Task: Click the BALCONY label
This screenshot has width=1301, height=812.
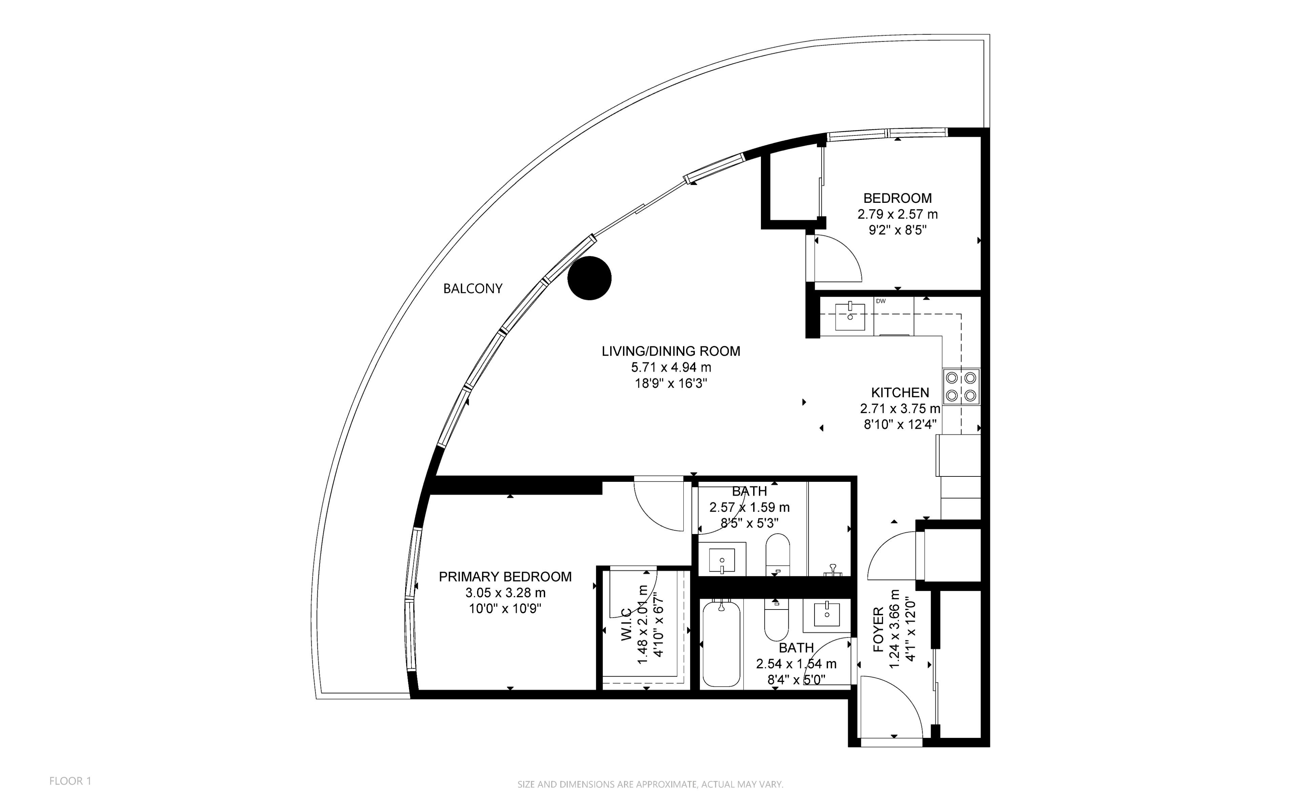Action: pyautogui.click(x=473, y=289)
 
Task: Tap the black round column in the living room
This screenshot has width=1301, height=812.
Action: pyautogui.click(x=590, y=278)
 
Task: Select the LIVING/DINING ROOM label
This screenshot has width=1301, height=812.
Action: pyautogui.click(x=671, y=351)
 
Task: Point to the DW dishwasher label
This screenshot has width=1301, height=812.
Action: pyautogui.click(x=881, y=301)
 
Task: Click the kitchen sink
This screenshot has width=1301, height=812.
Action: pyautogui.click(x=850, y=317)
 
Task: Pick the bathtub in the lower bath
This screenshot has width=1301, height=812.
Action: pyautogui.click(x=721, y=644)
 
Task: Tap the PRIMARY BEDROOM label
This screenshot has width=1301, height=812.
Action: pyautogui.click(x=505, y=577)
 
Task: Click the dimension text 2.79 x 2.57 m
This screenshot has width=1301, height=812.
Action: pyautogui.click(x=897, y=214)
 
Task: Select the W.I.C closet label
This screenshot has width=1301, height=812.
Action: pyautogui.click(x=626, y=624)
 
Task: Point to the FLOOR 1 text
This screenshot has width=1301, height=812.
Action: pyautogui.click(x=70, y=781)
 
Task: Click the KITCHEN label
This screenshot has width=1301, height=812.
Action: pyautogui.click(x=900, y=392)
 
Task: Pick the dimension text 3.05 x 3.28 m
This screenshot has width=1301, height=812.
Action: pyautogui.click(x=505, y=593)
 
